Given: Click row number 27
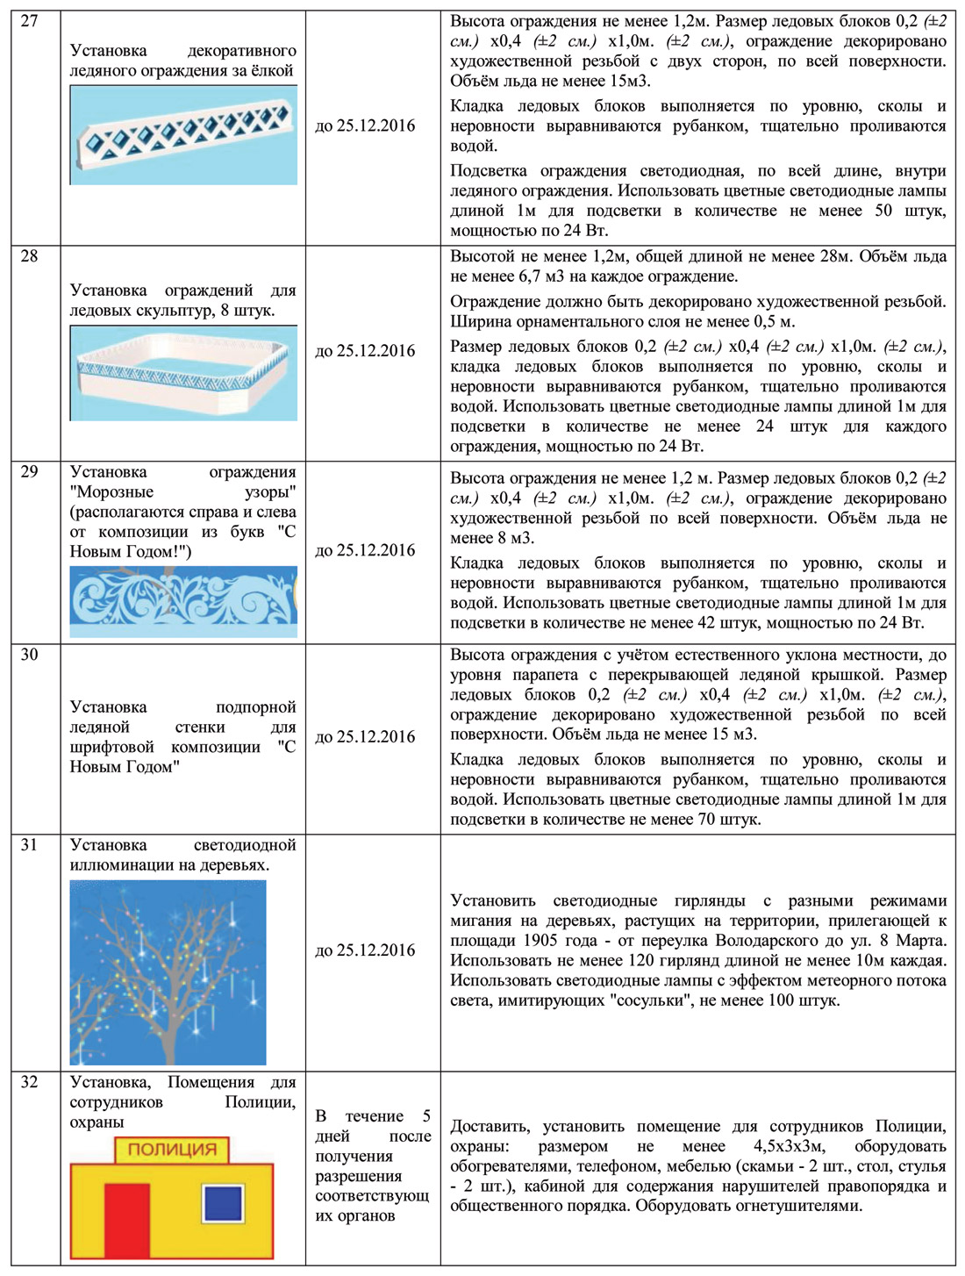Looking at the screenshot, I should pos(29,21).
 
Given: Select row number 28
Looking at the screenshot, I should pos(29,256).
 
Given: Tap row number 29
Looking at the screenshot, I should pos(29,472).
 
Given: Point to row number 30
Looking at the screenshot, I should pos(29,655).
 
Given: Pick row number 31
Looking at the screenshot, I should pos(29,845).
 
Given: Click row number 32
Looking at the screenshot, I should pos(29,1082).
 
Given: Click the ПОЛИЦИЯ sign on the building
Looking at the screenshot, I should pos(172,1150).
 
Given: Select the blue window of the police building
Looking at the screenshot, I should pos(223,1203).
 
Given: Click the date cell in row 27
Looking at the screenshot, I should pos(365,125).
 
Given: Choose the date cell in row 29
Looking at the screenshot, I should pos(365,550).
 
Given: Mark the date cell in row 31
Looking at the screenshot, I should pos(365,950).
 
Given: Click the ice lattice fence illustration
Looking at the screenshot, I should pos(183,136).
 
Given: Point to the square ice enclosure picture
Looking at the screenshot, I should pos(183,373).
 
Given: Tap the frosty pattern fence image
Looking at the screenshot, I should pos(183,601).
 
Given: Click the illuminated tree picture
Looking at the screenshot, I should pos(168,972).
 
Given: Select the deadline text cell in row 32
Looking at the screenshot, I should pos(373,1165).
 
